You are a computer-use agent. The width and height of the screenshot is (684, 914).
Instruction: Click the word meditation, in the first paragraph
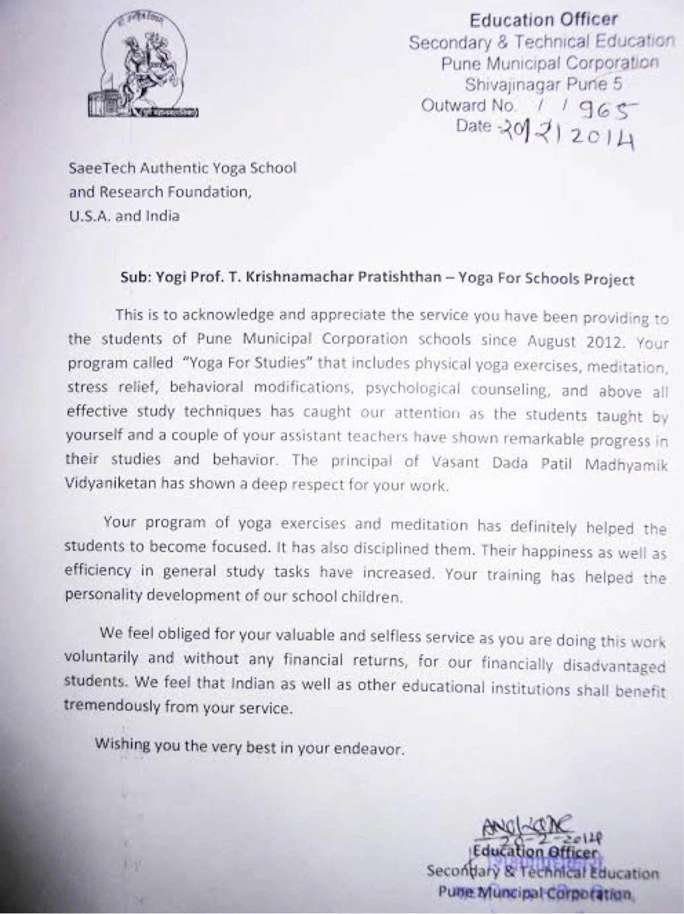[x=625, y=367]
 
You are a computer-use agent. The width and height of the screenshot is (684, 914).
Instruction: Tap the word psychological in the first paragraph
[x=412, y=388]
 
